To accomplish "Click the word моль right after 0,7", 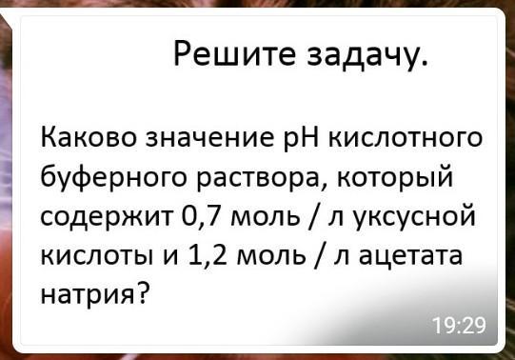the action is (x=265, y=218).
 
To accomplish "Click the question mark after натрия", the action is (x=142, y=291).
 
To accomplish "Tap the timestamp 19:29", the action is (x=459, y=326).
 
